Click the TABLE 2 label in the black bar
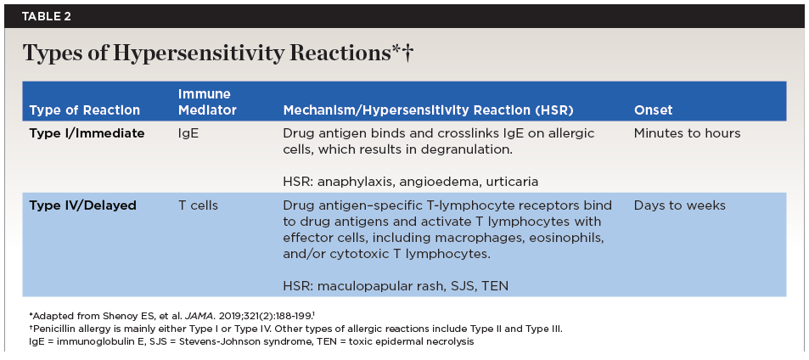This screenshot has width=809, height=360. [x=46, y=16]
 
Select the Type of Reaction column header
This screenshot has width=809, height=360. [x=85, y=110]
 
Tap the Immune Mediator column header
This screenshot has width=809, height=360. [x=207, y=102]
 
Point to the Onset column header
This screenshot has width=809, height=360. [x=653, y=110]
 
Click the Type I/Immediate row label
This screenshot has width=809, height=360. [x=87, y=133]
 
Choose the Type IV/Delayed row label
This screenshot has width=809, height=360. [x=82, y=205]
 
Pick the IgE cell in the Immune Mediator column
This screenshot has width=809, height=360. [x=188, y=133]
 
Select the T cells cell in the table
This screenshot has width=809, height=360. [x=198, y=205]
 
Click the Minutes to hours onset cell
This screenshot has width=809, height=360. [x=687, y=133]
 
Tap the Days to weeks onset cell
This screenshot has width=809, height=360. [x=679, y=205]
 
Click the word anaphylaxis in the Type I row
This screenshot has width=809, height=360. [x=353, y=182]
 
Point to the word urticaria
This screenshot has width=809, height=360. [x=508, y=182]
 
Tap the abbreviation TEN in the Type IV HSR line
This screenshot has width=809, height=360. [x=495, y=286]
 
